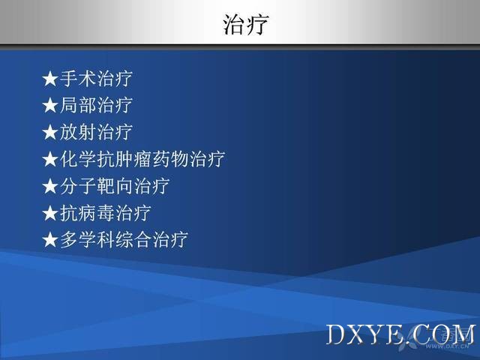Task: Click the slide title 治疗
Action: click(245, 24)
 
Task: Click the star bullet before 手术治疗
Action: click(50, 79)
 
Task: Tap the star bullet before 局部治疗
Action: click(50, 106)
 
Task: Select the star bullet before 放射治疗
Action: click(50, 133)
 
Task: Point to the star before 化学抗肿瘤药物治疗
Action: click(50, 160)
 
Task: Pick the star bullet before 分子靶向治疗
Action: click(50, 187)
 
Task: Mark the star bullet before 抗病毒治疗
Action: click(50, 213)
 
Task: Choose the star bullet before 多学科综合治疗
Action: click(50, 240)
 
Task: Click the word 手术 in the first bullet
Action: click(78, 78)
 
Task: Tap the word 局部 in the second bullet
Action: click(78, 105)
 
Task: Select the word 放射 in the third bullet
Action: click(78, 132)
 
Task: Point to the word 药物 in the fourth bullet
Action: click(170, 159)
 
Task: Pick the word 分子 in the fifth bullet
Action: click(78, 186)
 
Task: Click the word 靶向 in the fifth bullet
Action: click(115, 186)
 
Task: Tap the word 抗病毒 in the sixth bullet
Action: click(87, 213)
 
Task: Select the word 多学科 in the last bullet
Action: click(87, 239)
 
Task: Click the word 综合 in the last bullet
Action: click(133, 239)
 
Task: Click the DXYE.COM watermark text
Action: click(401, 334)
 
